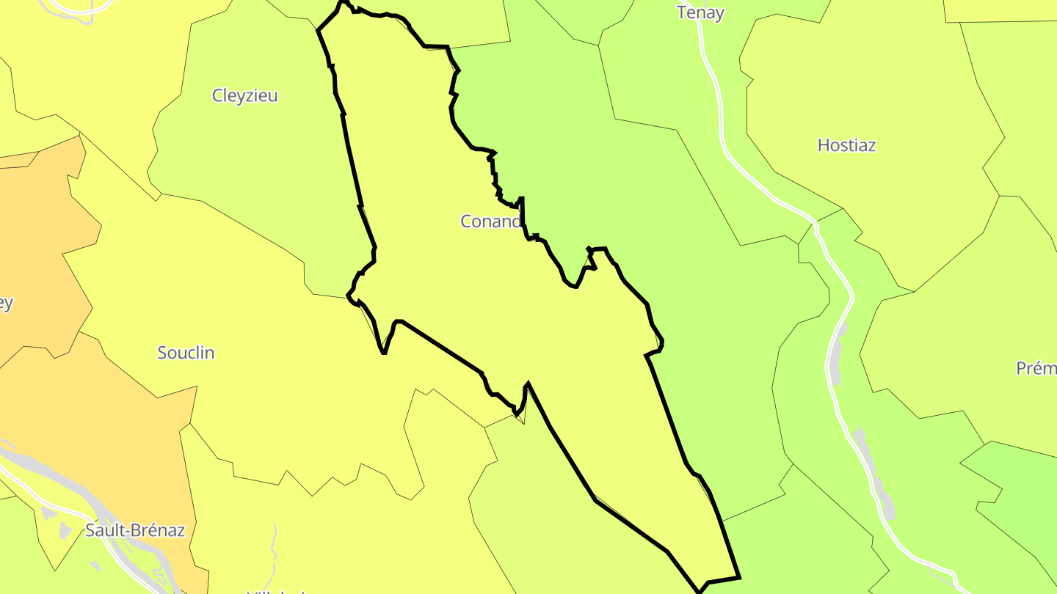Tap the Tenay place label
pyautogui.click(x=700, y=12)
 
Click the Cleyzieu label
pyautogui.click(x=244, y=95)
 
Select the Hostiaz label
pyautogui.click(x=846, y=145)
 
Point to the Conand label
pyautogui.click(x=491, y=221)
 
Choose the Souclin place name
pyautogui.click(x=186, y=353)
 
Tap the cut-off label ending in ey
pyautogui.click(x=6, y=303)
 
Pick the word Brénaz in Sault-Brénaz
pyautogui.click(x=156, y=530)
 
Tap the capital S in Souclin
pyautogui.click(x=162, y=353)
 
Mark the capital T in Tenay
pyautogui.click(x=681, y=12)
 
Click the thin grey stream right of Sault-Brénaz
pyautogui.click(x=275, y=543)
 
